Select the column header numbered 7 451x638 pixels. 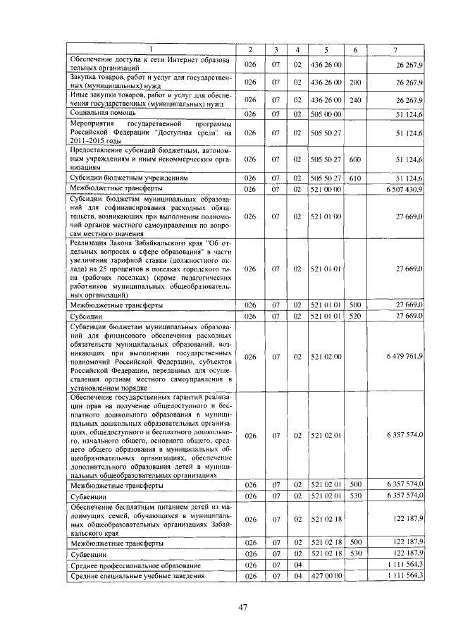coord(400,49)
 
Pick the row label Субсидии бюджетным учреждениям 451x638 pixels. coord(128,178)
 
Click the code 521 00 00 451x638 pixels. coord(326,189)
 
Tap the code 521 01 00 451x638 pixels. coord(326,216)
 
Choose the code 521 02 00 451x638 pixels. coord(326,357)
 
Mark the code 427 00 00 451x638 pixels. coord(326,576)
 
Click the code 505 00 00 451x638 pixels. coord(326,113)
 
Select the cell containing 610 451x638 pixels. coord(354,178)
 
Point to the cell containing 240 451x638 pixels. coord(355,100)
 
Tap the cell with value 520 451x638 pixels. coord(354,317)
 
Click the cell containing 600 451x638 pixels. coord(354,159)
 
